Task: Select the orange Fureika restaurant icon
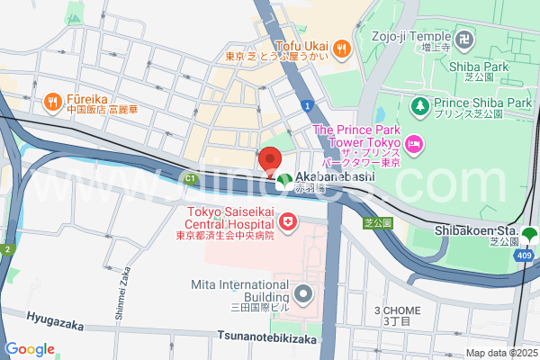pyautogui.click(x=52, y=101)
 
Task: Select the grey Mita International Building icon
pyautogui.click(x=302, y=293)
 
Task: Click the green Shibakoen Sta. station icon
pyautogui.click(x=528, y=236)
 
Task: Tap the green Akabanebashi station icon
pyautogui.click(x=284, y=180)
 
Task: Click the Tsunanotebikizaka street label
pyautogui.click(x=267, y=337)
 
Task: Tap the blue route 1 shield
pyautogui.click(x=308, y=106)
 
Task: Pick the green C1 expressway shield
pyautogui.click(x=190, y=179)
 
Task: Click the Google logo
pyautogui.click(x=30, y=349)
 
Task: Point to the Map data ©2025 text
pyautogui.click(x=501, y=353)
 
